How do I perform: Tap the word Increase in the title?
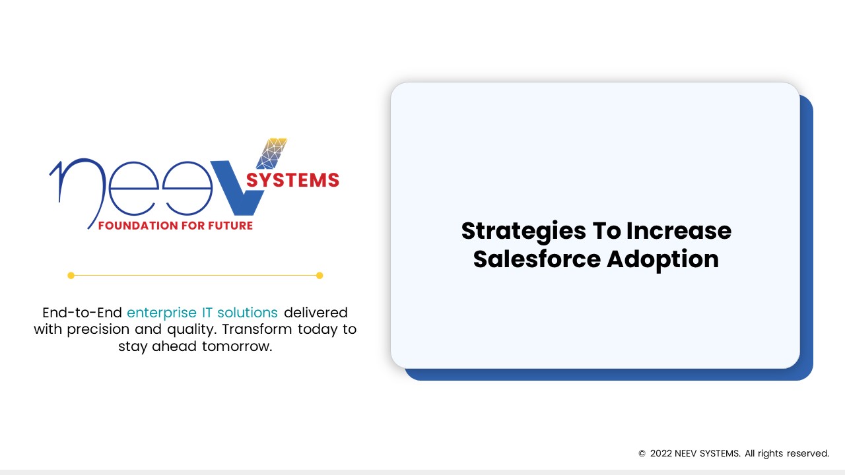pyautogui.click(x=679, y=232)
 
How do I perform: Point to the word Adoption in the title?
pyautogui.click(x=662, y=259)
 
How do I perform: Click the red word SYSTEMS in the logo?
pyautogui.click(x=292, y=180)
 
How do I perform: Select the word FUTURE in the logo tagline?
pyautogui.click(x=229, y=226)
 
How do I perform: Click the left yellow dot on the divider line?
pyautogui.click(x=71, y=275)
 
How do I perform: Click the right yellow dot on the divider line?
pyautogui.click(x=320, y=275)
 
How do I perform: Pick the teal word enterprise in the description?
pyautogui.click(x=161, y=312)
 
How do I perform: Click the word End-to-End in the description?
pyautogui.click(x=82, y=312)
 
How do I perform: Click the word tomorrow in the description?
pyautogui.click(x=240, y=346)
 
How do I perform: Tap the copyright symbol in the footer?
pyautogui.click(x=642, y=454)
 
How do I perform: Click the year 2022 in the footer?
pyautogui.click(x=661, y=454)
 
